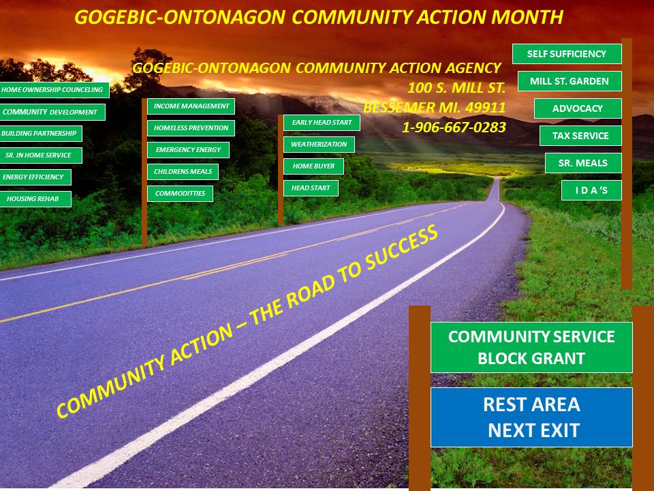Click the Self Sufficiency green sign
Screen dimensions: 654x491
click(x=567, y=54)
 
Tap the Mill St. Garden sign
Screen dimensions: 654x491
click(x=570, y=81)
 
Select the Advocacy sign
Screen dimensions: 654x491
click(x=578, y=108)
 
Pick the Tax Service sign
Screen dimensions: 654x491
click(x=580, y=136)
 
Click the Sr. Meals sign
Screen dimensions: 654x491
click(x=583, y=163)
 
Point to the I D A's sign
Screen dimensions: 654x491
click(x=591, y=190)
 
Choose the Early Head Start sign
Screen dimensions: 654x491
click(x=322, y=123)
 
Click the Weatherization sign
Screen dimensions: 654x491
click(x=319, y=145)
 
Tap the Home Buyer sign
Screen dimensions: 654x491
click(x=313, y=166)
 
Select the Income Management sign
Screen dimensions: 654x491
click(x=191, y=106)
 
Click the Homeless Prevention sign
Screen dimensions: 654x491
click(x=191, y=128)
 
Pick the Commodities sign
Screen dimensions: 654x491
click(x=180, y=193)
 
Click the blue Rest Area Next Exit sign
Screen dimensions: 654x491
click(x=531, y=417)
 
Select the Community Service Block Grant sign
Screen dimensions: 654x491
click(x=531, y=347)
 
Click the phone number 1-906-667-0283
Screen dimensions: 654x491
click(x=454, y=128)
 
